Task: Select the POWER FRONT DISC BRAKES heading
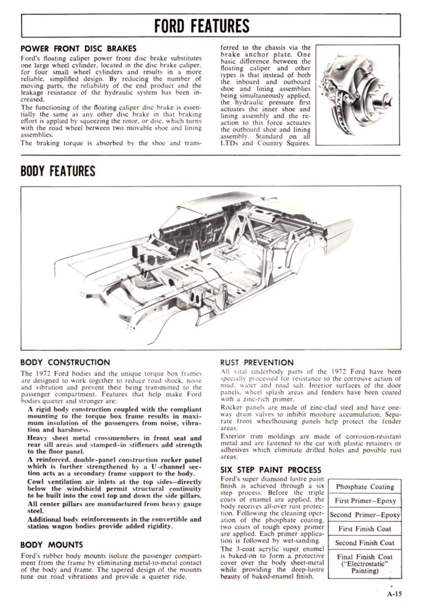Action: (78, 48)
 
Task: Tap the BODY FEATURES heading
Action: (58, 171)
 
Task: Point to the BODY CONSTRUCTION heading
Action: (65, 362)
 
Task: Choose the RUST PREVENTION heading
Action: (257, 362)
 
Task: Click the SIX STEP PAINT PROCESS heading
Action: (271, 470)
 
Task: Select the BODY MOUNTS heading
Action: (52, 544)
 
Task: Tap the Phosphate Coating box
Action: (365, 486)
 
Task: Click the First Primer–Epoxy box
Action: (365, 500)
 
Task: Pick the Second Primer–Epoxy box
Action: (365, 515)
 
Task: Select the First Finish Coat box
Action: (365, 529)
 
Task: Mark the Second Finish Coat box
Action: (365, 543)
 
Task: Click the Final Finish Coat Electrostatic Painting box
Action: (365, 564)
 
